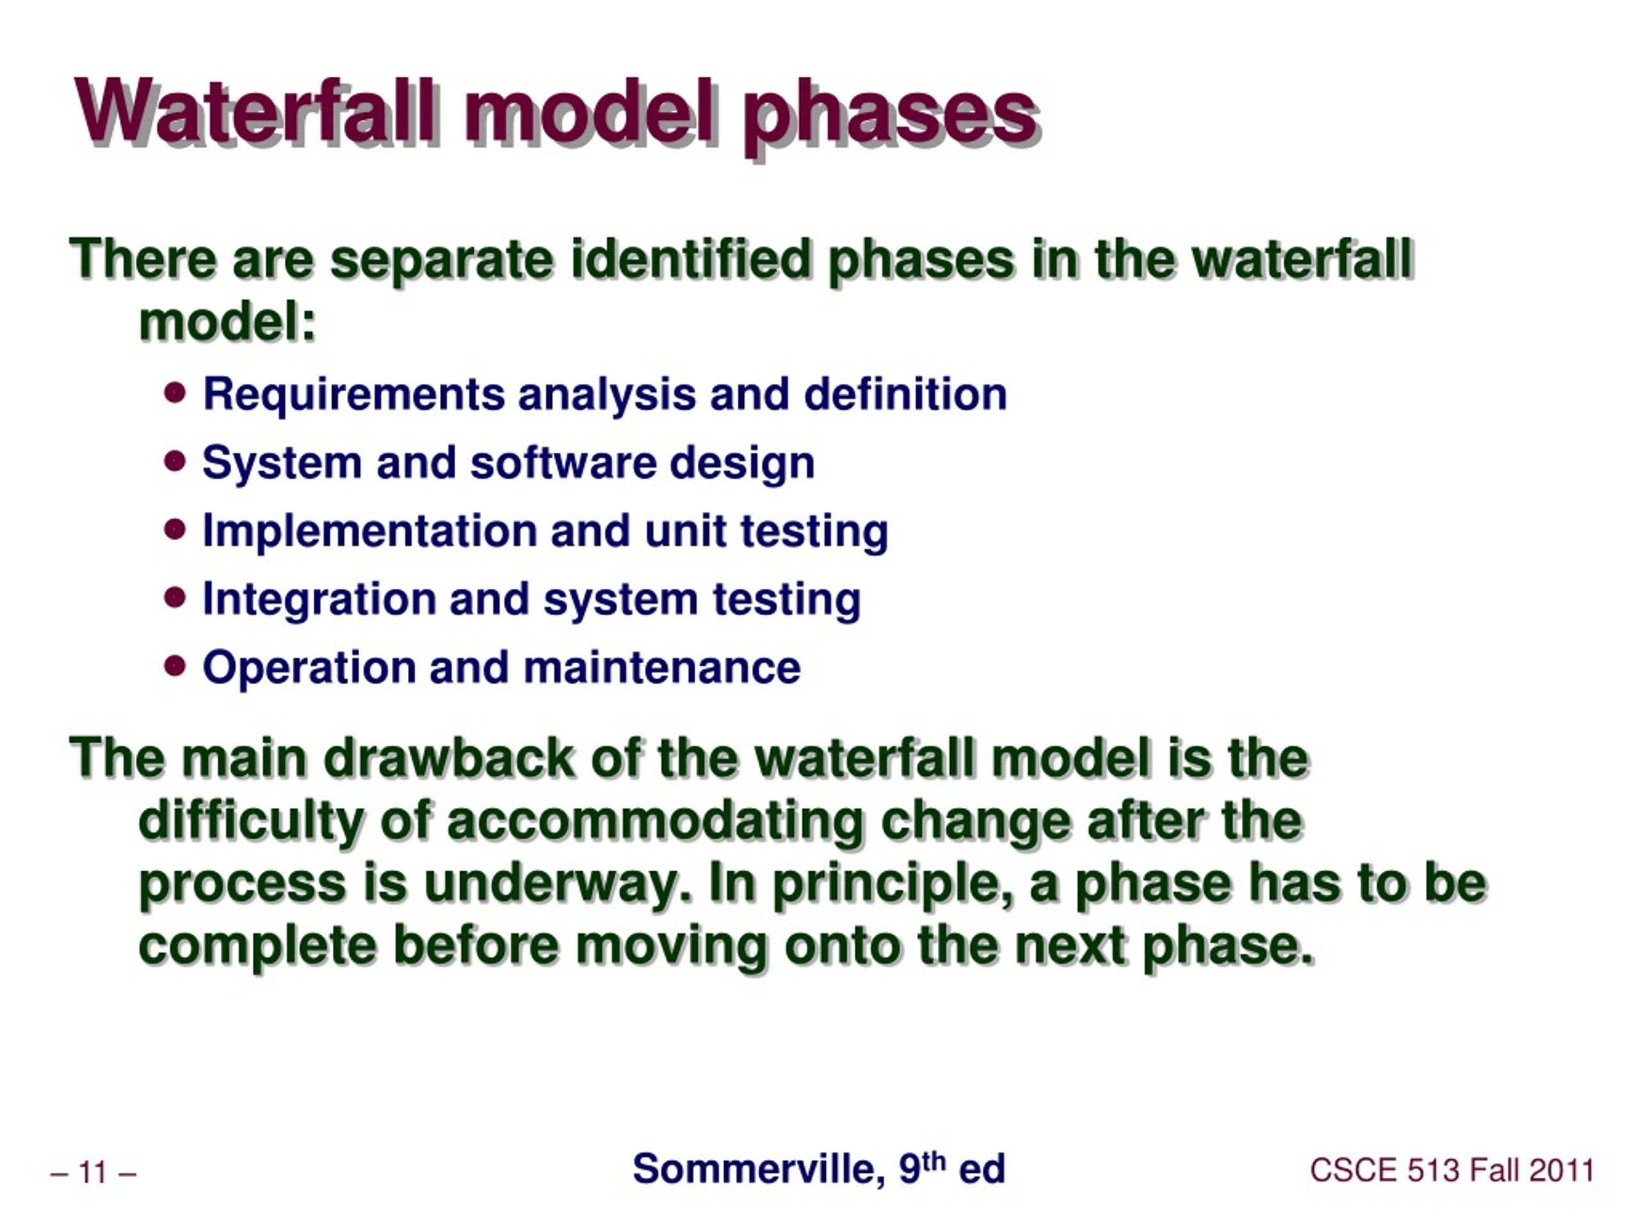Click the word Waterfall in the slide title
[x=255, y=113]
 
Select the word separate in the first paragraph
[x=441, y=260]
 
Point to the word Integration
[x=319, y=600]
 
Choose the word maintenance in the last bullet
[x=661, y=668]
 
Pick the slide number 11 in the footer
[x=93, y=1173]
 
